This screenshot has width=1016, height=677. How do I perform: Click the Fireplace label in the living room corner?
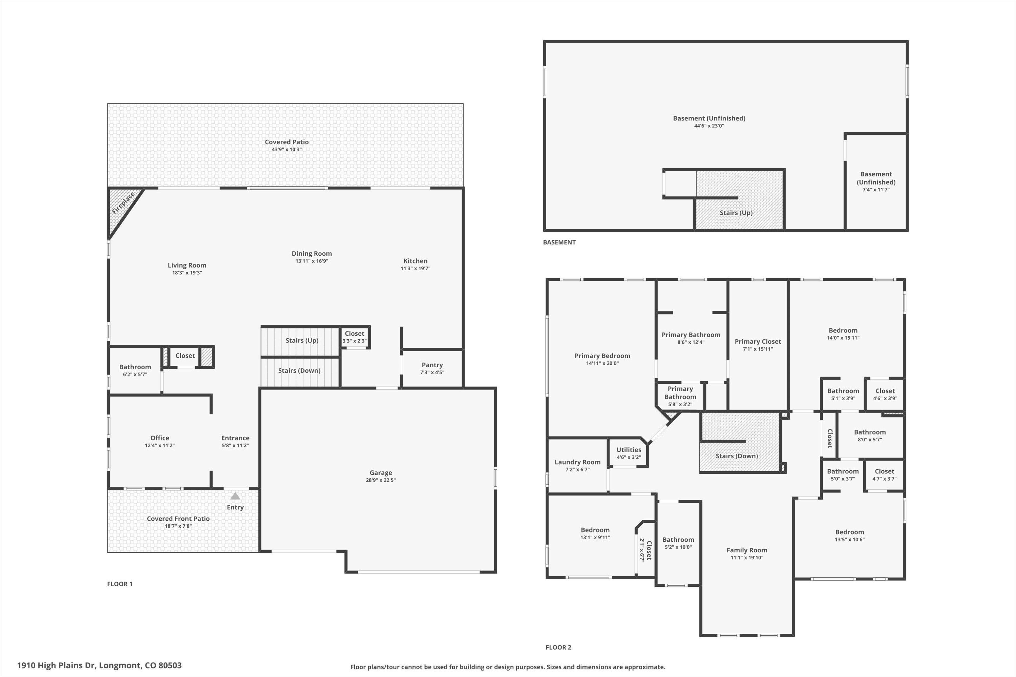pyautogui.click(x=123, y=203)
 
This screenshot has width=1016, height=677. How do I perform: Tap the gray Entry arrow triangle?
pyautogui.click(x=235, y=496)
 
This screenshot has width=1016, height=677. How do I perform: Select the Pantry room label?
pyautogui.click(x=432, y=365)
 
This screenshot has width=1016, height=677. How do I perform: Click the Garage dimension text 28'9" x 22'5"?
pyautogui.click(x=380, y=480)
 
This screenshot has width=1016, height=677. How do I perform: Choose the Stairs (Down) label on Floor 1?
pyautogui.click(x=299, y=370)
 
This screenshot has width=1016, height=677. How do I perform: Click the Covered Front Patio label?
pyautogui.click(x=178, y=519)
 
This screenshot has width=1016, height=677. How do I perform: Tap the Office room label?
pyautogui.click(x=160, y=438)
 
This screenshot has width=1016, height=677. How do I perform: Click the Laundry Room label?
pyautogui.click(x=577, y=462)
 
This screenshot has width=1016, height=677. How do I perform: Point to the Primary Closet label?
pyautogui.click(x=758, y=341)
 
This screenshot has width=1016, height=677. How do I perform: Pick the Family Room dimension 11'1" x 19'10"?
pyautogui.click(x=747, y=557)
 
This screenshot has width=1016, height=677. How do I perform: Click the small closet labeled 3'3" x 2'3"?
pyautogui.click(x=354, y=337)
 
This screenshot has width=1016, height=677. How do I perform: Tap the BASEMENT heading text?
pyautogui.click(x=559, y=242)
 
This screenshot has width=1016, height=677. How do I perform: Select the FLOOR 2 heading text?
pyautogui.click(x=558, y=647)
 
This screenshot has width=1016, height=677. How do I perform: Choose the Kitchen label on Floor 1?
pyautogui.click(x=415, y=261)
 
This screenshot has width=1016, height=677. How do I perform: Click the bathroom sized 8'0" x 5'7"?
pyautogui.click(x=869, y=435)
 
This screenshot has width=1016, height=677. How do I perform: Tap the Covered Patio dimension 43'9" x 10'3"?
pyautogui.click(x=287, y=150)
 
